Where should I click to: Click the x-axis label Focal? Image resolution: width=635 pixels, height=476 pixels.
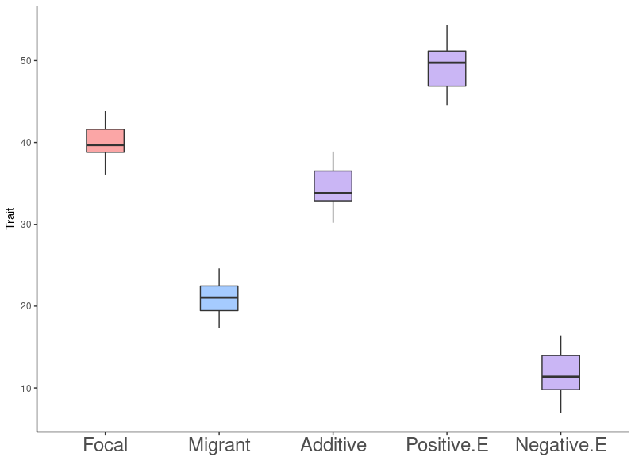coord(105,445)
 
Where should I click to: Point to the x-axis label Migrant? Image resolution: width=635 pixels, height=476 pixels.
coord(219,445)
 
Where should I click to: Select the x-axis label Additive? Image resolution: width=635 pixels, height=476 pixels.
coord(333,445)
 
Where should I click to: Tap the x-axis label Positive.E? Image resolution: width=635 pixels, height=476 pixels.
coord(447,445)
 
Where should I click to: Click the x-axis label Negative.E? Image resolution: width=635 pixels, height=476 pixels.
coord(560,445)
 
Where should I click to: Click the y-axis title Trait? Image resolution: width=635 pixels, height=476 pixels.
coord(10,218)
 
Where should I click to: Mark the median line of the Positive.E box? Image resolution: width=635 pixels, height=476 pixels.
coord(447,63)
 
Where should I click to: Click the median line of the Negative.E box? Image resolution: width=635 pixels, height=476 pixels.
coord(560,377)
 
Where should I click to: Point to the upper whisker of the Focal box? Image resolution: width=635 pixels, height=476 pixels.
coord(105,120)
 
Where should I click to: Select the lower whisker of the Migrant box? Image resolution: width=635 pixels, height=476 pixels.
coord(219,319)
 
